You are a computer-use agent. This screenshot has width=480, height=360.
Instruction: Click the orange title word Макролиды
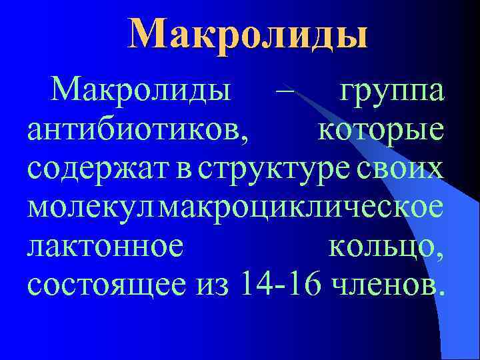(x=248, y=34)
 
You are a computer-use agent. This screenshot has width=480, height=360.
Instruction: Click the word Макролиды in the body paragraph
(x=143, y=91)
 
